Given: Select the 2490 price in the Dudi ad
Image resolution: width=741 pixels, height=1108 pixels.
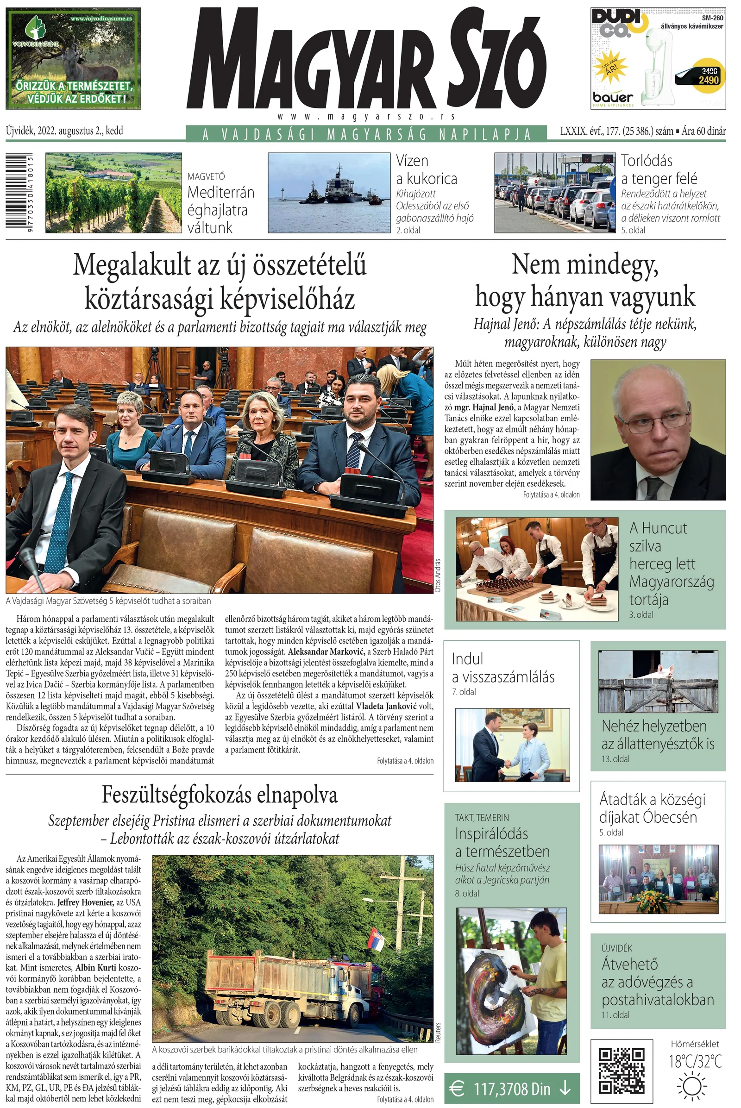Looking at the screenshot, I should [709, 80].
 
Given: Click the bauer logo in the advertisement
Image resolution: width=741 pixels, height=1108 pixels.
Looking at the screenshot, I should [613, 98].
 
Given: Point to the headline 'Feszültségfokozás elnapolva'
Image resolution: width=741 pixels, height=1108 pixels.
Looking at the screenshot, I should [220, 795].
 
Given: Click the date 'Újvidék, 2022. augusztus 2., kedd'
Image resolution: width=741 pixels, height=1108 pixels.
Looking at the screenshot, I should [65, 131].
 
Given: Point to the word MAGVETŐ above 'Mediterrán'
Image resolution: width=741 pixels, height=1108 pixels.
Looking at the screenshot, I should [206, 177].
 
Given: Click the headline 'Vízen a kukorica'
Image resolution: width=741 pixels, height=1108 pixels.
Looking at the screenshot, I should [426, 169].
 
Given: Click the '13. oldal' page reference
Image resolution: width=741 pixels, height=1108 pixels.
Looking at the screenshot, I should [615, 759].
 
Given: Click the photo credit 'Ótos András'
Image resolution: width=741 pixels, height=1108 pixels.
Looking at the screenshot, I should [438, 576].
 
